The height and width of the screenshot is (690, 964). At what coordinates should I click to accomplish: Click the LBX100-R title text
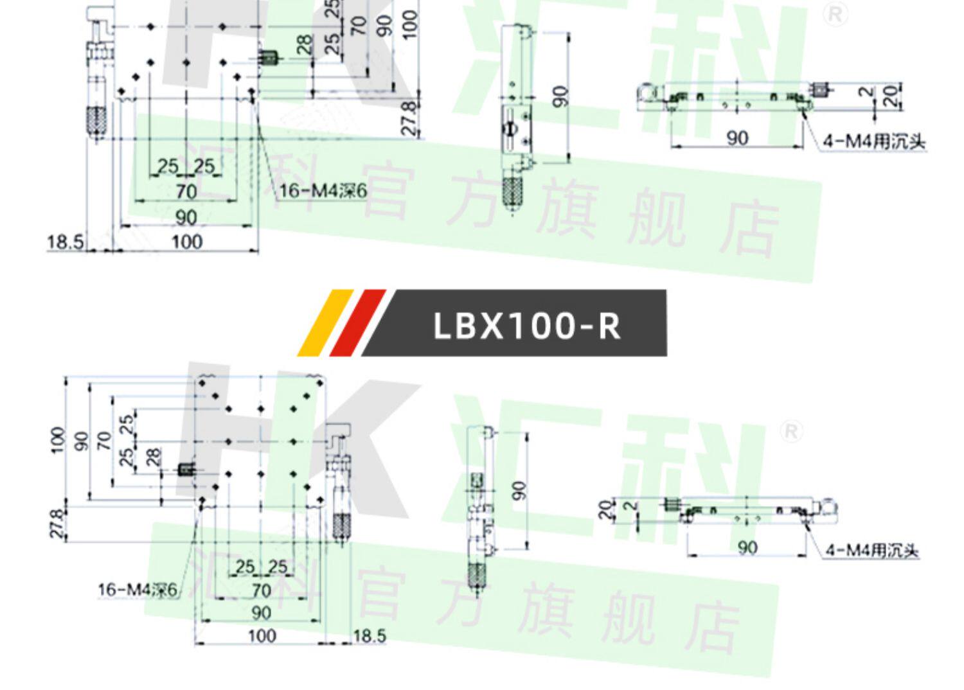tap(527, 325)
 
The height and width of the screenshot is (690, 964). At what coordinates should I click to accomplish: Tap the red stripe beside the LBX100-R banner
tap(357, 323)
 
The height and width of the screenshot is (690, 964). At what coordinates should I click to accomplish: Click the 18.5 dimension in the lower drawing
tap(370, 636)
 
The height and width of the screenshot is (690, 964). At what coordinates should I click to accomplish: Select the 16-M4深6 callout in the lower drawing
tap(137, 589)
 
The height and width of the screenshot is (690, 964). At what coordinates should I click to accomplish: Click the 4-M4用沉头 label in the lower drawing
tap(873, 551)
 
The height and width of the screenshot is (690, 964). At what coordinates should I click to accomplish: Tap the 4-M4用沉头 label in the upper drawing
tap(875, 141)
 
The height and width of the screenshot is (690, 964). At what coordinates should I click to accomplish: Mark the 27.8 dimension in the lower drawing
tap(56, 523)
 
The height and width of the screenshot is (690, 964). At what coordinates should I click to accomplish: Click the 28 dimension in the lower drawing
tap(152, 457)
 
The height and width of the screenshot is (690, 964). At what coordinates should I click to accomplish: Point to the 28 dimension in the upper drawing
tap(304, 44)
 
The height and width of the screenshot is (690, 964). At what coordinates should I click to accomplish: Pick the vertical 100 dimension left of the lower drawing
tap(57, 440)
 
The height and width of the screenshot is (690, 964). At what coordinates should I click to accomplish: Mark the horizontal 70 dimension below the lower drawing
tap(261, 590)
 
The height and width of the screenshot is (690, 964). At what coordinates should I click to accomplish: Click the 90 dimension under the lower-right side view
tap(747, 547)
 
